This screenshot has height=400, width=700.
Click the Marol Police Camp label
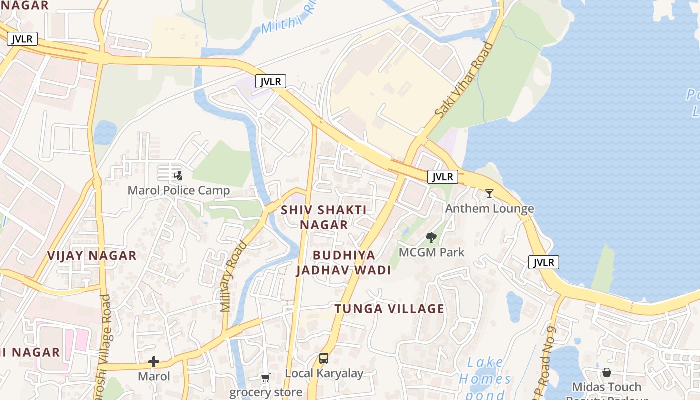179,190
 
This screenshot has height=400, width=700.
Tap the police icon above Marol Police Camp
178,175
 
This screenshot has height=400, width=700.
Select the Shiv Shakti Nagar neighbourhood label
324,217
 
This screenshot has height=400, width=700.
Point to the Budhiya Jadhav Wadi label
343,263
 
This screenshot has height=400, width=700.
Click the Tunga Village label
389,309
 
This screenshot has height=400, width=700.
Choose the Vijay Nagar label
92,255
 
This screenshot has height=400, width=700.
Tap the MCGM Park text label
431,252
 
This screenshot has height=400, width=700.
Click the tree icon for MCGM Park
431,238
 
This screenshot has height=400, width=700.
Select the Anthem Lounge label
489,208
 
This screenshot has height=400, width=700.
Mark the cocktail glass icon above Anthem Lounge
489,193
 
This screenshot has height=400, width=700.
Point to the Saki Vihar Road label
464,80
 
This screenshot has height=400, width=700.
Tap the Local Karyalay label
324,373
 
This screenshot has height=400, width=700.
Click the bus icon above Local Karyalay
324,358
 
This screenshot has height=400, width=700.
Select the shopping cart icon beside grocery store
265,378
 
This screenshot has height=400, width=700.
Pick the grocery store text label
266,392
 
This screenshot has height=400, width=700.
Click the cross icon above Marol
154,362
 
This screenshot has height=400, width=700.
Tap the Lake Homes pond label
485,378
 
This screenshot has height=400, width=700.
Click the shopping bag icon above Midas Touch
606,372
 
